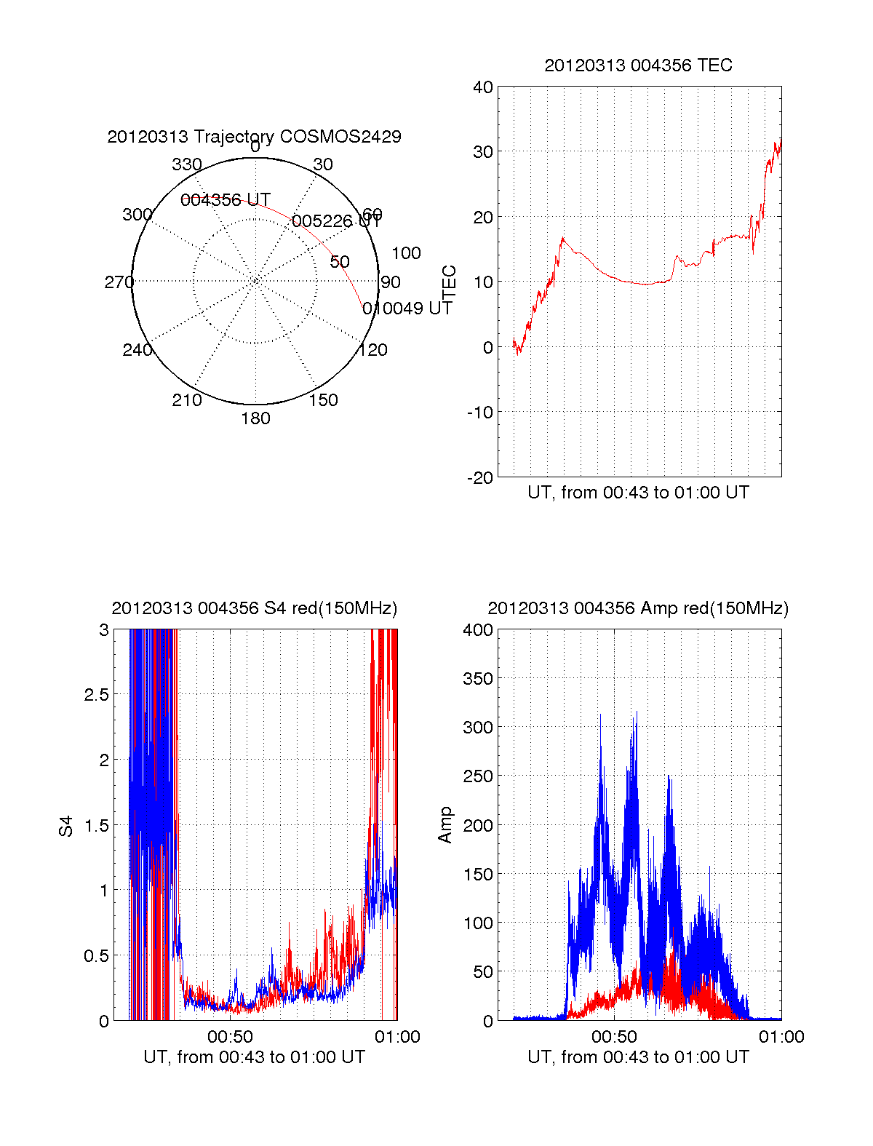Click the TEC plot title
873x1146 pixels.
click(638, 65)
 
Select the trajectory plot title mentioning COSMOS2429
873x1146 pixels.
click(254, 137)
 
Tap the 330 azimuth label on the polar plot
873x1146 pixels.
click(187, 164)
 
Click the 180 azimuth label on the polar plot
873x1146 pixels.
click(255, 418)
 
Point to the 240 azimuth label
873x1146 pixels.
click(137, 350)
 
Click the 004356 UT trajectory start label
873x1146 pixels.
click(226, 200)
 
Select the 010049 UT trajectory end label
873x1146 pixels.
click(407, 309)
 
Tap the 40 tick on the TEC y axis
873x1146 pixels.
click(483, 88)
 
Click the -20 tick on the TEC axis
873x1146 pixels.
click(480, 478)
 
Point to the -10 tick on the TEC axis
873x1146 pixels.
click(480, 413)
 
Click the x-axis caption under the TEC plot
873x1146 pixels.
click(638, 493)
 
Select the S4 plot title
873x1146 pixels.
click(254, 608)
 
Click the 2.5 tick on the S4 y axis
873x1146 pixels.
click(97, 695)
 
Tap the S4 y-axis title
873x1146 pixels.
click(66, 826)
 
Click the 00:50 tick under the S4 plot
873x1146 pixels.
click(231, 1037)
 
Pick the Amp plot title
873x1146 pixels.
click(638, 608)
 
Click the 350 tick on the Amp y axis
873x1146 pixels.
click(478, 679)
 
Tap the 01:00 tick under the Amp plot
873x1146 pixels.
click(781, 1037)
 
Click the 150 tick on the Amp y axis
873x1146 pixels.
click(478, 875)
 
